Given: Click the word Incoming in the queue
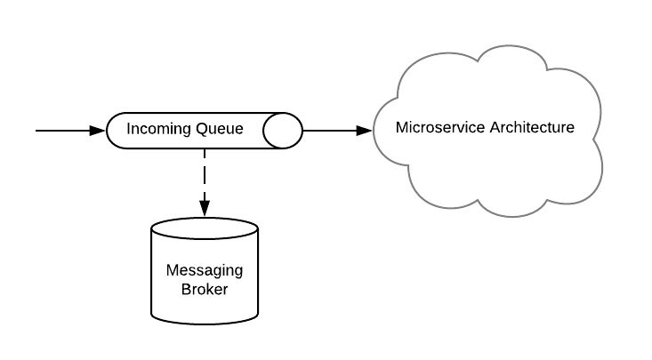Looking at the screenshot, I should click(158, 130).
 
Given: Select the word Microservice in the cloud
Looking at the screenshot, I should click(436, 127).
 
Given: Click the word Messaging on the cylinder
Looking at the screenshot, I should click(205, 271).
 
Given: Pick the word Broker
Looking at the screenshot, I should click(205, 290).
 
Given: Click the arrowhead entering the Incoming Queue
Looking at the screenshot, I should click(98, 131).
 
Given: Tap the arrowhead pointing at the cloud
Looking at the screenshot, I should click(364, 131).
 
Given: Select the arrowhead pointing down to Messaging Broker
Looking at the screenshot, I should click(205, 208).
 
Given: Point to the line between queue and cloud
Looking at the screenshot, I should click(329, 131).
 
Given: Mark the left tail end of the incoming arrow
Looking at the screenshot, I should click(37, 131).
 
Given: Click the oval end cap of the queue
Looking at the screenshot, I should click(284, 131).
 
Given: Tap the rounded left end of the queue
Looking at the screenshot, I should click(110, 131).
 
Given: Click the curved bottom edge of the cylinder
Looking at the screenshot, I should click(205, 321).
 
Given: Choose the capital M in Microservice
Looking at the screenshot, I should click(401, 127).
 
